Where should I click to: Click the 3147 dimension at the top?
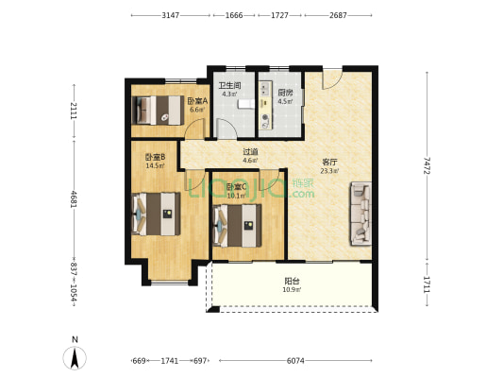[170, 15]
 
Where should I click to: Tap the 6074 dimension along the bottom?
[295, 361]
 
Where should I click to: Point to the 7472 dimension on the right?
[427, 165]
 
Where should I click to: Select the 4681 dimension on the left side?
[75, 199]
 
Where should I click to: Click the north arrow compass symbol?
[75, 358]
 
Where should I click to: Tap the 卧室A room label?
[197, 101]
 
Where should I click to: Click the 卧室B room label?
[156, 157]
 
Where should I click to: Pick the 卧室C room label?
[237, 186]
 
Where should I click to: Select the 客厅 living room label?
[329, 163]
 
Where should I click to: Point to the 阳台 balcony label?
[292, 282]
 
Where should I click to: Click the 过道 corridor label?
[250, 151]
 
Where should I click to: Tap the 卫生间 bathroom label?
[229, 85]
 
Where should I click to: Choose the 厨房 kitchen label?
[285, 93]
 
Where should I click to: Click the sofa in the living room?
[360, 214]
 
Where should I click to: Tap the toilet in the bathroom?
[245, 104]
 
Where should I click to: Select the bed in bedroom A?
[158, 111]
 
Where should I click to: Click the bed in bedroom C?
[237, 226]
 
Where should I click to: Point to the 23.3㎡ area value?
[329, 171]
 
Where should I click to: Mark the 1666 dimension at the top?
[234, 15]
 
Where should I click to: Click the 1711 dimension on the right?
[427, 284]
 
